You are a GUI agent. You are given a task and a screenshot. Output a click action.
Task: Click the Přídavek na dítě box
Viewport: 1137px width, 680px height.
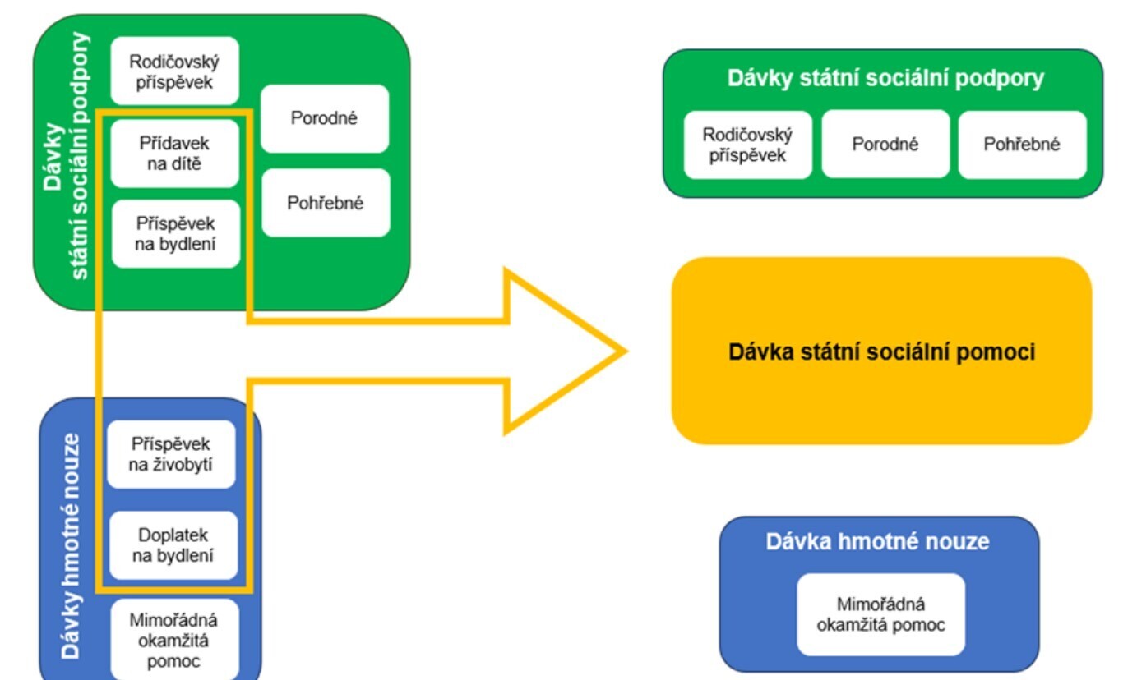(174, 154)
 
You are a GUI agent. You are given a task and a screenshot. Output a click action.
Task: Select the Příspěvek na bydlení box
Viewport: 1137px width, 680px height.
(175, 233)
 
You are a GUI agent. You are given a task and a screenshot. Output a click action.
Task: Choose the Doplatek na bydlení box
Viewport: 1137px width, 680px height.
(173, 545)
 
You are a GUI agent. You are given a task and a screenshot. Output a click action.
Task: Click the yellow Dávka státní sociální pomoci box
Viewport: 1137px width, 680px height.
(881, 351)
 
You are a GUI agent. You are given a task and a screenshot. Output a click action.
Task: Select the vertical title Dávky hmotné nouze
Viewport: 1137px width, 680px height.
(72, 545)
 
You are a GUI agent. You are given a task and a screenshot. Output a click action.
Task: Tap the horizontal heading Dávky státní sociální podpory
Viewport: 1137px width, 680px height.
(885, 79)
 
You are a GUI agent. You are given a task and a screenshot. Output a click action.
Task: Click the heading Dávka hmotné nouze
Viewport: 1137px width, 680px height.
(877, 542)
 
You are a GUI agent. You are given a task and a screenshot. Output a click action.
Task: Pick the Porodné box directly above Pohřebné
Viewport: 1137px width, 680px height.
(325, 118)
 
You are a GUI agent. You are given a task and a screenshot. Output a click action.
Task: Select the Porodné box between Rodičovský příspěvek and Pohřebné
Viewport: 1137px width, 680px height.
(885, 145)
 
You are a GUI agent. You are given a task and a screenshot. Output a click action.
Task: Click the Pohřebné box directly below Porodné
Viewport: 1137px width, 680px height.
(325, 203)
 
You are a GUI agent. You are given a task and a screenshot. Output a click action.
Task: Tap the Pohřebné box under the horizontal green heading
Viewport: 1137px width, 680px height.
(1022, 145)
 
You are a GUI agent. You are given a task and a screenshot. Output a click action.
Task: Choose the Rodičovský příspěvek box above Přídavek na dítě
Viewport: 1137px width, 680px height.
(174, 71)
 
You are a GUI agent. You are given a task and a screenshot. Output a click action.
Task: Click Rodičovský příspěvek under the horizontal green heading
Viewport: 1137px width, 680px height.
(747, 145)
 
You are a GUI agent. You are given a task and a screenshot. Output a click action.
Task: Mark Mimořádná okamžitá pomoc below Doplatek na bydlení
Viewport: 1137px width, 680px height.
(174, 641)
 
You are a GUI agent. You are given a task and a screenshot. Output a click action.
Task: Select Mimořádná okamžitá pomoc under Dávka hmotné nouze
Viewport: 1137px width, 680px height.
(880, 614)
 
